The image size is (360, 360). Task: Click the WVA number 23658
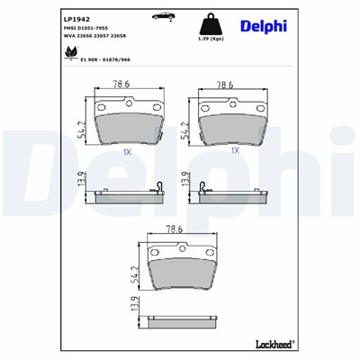123,40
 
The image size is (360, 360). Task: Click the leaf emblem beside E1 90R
69,55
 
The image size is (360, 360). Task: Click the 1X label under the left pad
127,151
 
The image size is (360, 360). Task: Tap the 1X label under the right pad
235,151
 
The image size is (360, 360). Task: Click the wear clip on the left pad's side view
158,188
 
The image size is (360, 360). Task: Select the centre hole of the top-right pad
235,103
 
